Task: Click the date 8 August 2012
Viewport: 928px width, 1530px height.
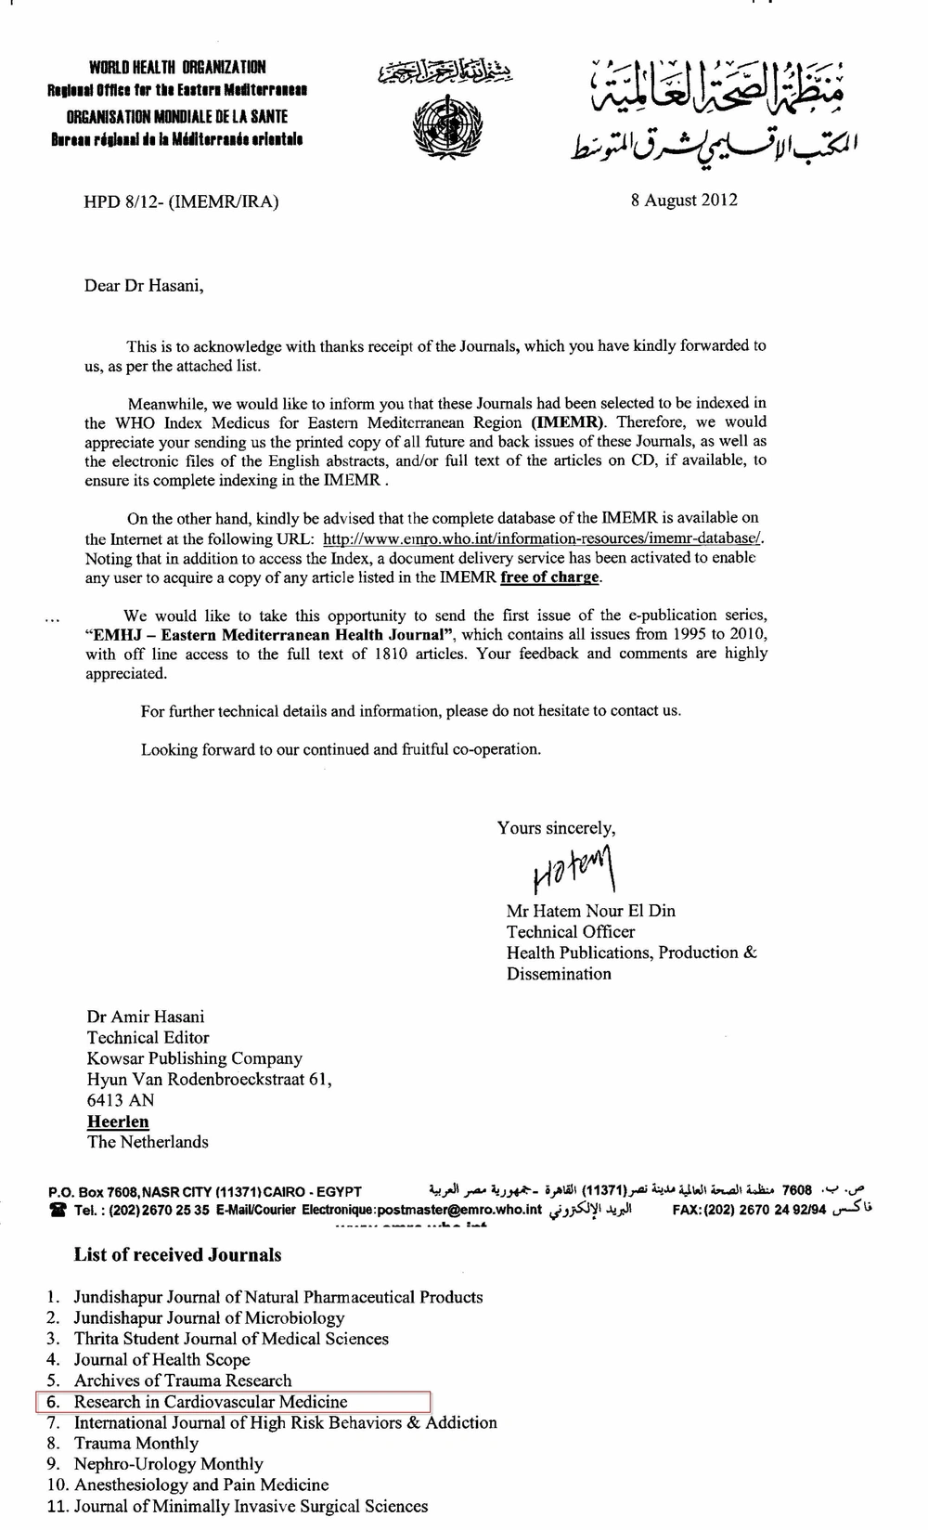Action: coord(684,200)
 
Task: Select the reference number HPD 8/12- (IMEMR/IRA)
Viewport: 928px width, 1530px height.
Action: coord(181,201)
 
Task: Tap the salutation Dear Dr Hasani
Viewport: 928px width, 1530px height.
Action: coord(144,286)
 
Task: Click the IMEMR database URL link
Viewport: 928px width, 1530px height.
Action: coord(543,538)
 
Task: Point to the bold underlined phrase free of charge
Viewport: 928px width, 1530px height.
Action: coord(549,577)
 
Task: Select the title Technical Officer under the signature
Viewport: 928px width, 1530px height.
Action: coord(571,931)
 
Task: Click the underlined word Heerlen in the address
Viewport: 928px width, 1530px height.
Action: coord(118,1122)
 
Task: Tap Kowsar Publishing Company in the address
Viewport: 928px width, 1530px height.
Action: coord(195,1058)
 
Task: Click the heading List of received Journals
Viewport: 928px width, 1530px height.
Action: coord(177,1255)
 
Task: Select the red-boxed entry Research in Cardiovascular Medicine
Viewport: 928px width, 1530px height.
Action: coord(211,1402)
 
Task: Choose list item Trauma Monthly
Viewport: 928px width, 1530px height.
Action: coord(136,1444)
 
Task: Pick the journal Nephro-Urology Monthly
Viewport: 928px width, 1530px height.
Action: coord(168,1464)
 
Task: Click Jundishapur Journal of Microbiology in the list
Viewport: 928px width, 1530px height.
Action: coord(209,1318)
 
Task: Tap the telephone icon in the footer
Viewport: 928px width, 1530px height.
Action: coord(58,1210)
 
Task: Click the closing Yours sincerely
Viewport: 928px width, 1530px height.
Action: coord(556,828)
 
